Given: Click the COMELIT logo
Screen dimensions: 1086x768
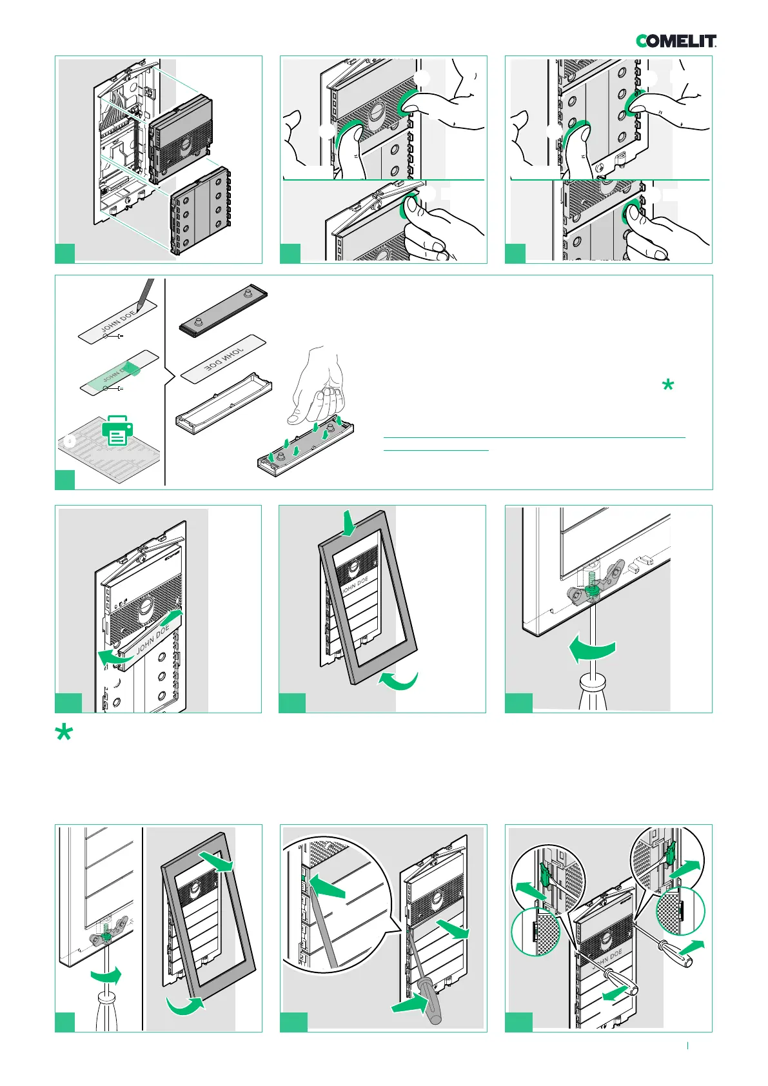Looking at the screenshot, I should click(x=676, y=41).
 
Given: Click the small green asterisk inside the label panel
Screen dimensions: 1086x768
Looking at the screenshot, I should click(x=668, y=386).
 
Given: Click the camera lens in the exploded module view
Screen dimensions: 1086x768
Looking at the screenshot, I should click(x=185, y=143).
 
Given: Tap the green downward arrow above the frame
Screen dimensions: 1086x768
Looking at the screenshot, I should click(x=348, y=523).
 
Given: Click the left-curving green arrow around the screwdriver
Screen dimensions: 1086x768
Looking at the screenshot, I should click(x=593, y=651).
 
